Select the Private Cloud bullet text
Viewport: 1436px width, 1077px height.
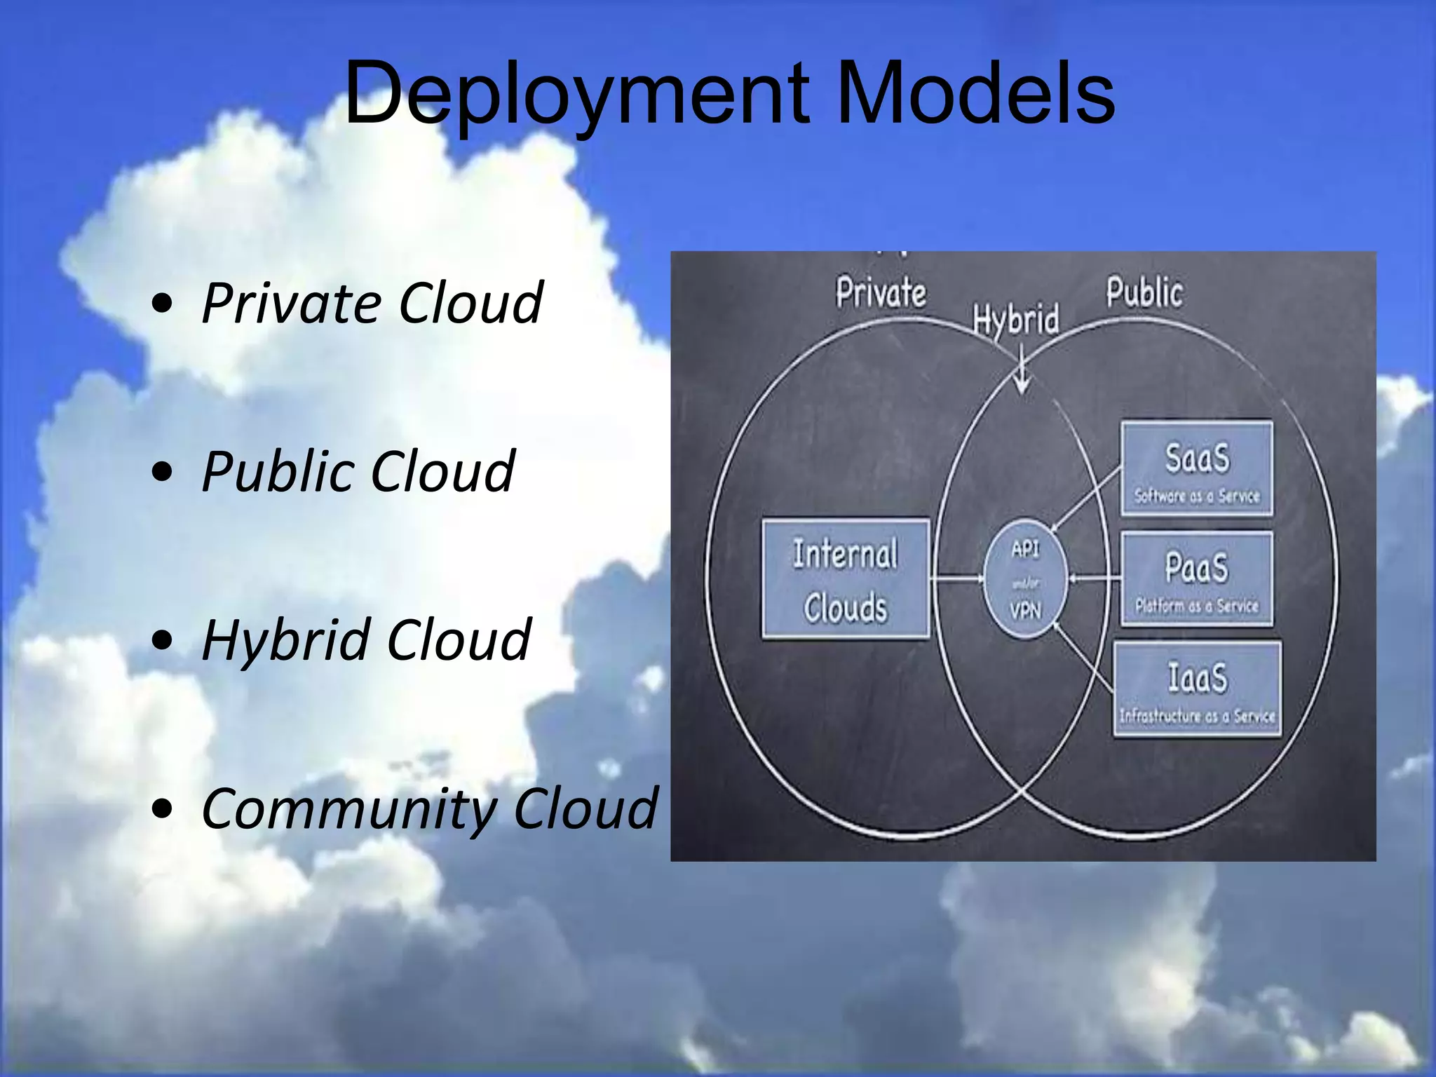372,304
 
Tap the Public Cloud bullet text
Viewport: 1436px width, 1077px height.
358,472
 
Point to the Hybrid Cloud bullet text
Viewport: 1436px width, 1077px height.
366,640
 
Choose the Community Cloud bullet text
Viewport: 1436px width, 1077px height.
429,808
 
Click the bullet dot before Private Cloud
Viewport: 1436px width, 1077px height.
162,304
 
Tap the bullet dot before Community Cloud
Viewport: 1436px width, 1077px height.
162,808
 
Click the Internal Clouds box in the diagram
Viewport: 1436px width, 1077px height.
846,579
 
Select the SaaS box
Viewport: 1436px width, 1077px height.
1197,468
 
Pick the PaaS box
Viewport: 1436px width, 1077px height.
1197,579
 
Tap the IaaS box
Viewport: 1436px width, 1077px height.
1197,689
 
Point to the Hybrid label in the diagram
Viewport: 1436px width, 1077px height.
1016,320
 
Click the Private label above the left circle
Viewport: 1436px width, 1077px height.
881,292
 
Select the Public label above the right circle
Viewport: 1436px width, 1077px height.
1144,292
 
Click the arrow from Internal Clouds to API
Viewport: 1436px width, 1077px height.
958,579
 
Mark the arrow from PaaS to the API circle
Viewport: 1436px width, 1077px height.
1094,579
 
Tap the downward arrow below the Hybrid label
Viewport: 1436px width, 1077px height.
1022,372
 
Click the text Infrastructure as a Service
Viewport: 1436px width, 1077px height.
1197,716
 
